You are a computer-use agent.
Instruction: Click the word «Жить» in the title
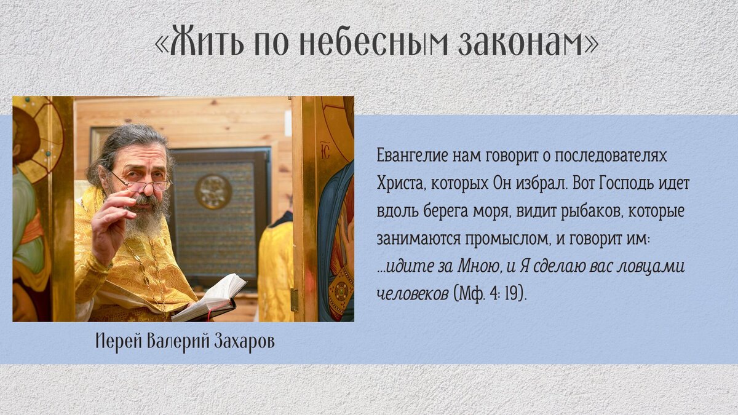point(205,41)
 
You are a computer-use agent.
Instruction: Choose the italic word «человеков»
point(412,294)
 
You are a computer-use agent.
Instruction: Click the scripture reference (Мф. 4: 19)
point(490,294)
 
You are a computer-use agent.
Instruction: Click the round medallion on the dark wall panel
point(213,192)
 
